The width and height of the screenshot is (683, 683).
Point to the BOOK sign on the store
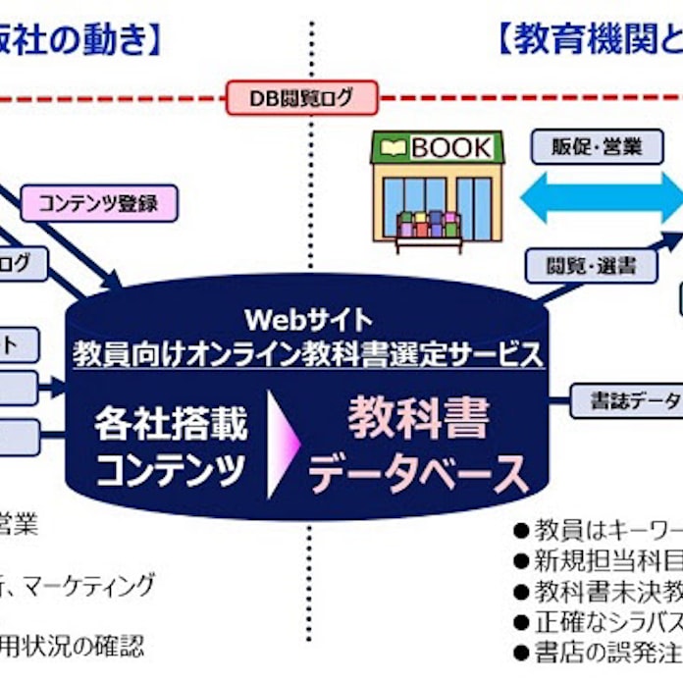click(438, 148)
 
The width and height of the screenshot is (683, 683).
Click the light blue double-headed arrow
click(599, 199)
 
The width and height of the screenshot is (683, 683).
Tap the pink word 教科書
click(418, 421)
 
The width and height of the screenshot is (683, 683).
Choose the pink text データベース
click(418, 473)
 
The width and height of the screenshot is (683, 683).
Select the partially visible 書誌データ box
click(628, 400)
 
